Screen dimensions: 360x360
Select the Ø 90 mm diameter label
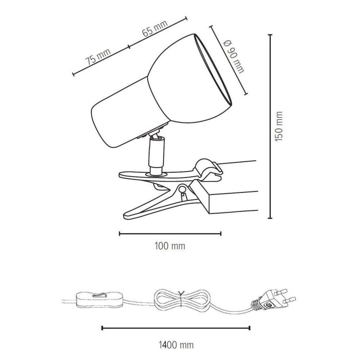[x=233, y=56]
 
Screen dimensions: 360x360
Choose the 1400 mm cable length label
[x=176, y=344]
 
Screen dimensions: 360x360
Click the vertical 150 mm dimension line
[x=270, y=126]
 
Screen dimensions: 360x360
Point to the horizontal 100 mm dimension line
[x=170, y=234]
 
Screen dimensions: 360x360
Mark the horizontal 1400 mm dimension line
[x=176, y=328]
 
